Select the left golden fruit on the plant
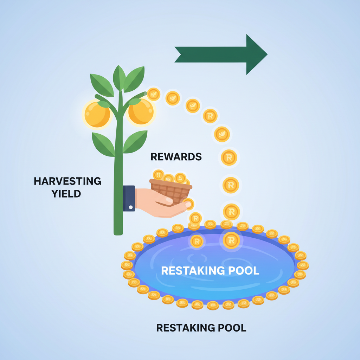click(x=96, y=115)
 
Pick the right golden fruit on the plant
click(x=141, y=111)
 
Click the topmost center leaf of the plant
click(x=119, y=77)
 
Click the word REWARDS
click(x=176, y=157)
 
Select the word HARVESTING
click(x=67, y=181)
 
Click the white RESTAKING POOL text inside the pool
click(x=210, y=271)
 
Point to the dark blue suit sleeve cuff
click(x=129, y=198)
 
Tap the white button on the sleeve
click(x=131, y=207)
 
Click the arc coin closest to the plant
click(x=154, y=94)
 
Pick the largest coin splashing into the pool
click(x=231, y=240)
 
